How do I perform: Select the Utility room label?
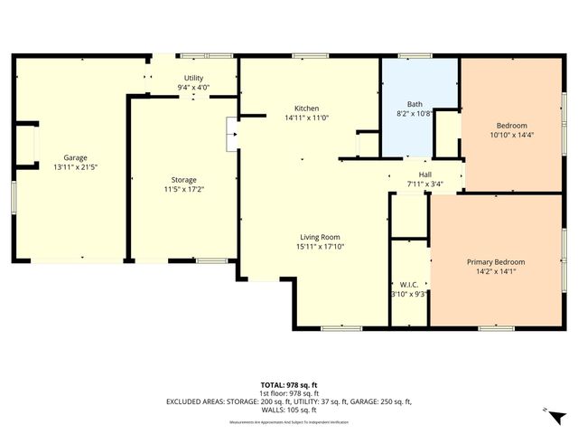pyautogui.click(x=193, y=79)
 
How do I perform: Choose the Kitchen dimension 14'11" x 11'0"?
pyautogui.click(x=305, y=118)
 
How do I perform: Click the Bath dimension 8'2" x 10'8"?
pyautogui.click(x=415, y=115)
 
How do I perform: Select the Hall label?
pyautogui.click(x=425, y=175)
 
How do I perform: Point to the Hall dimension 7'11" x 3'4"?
pyautogui.click(x=425, y=184)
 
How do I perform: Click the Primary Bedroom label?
pyautogui.click(x=495, y=262)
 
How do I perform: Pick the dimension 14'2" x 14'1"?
pyautogui.click(x=495, y=272)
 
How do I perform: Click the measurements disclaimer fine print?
pyautogui.click(x=288, y=422)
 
